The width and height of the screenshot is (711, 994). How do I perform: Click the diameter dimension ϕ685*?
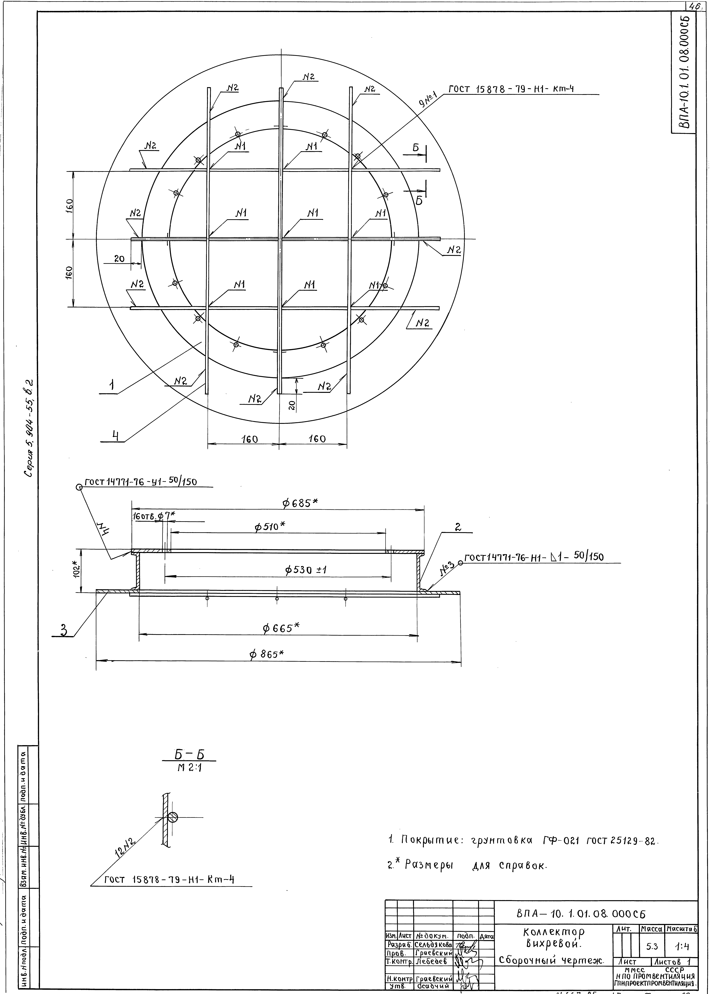click(300, 503)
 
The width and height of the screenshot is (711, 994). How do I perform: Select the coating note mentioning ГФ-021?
click(523, 840)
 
